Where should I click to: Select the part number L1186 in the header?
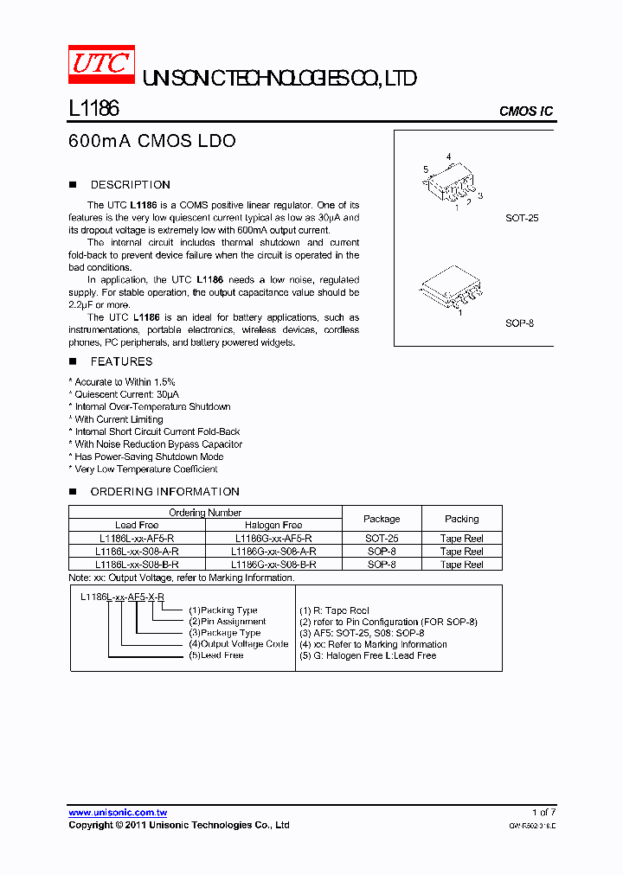[x=93, y=108]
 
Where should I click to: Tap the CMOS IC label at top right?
[x=526, y=112]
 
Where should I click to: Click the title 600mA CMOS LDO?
[x=151, y=141]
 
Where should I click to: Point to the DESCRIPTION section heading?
[x=130, y=185]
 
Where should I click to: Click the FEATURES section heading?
[x=121, y=361]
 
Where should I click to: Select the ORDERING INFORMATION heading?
[x=164, y=492]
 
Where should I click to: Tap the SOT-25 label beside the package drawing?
[x=522, y=218]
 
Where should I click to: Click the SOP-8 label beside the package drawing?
[x=519, y=323]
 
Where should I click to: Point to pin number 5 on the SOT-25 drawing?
[x=426, y=169]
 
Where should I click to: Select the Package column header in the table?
[x=382, y=519]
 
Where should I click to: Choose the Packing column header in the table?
[x=462, y=519]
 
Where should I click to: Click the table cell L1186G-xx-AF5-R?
[x=274, y=538]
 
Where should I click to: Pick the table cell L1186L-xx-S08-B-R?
[x=137, y=564]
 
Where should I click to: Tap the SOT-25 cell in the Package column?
[x=382, y=538]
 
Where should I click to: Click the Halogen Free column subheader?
[x=274, y=525]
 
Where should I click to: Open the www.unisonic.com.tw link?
[x=118, y=813]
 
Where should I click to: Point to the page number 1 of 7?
[x=543, y=813]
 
